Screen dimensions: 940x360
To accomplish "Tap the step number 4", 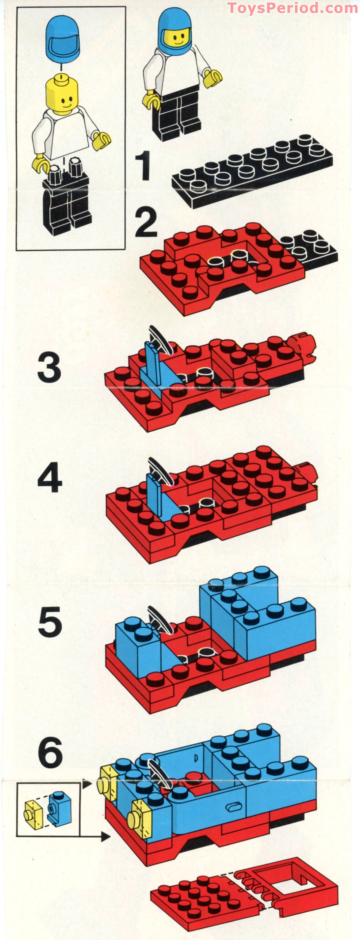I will click(50, 478).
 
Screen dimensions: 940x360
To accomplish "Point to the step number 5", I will click(50, 621).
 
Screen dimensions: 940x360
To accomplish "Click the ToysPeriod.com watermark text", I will click(292, 8).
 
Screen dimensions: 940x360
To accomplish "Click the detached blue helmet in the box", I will click(63, 40).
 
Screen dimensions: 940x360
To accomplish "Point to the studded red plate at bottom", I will click(204, 897).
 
